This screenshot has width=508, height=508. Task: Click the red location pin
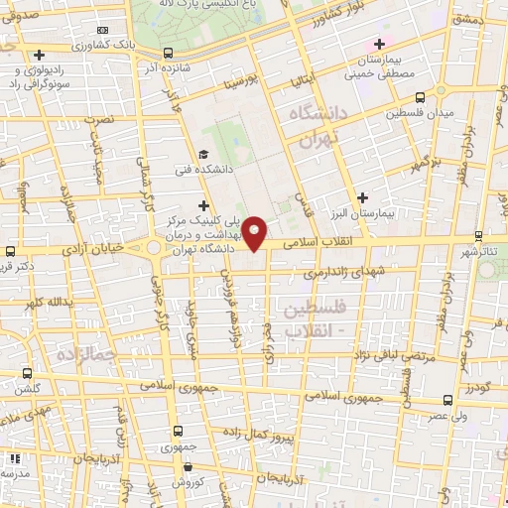tap(256, 233)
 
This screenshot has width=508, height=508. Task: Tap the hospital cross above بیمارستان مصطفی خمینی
tap(378, 44)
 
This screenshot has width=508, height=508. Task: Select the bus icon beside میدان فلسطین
tap(421, 97)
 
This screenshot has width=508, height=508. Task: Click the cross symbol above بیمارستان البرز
tap(363, 197)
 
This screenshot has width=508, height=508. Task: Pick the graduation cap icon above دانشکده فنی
tap(203, 155)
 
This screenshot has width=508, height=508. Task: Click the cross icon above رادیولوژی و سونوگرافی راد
tap(39, 55)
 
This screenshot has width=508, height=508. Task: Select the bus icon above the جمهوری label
tap(178, 432)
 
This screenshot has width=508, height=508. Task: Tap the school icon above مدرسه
tap(14, 459)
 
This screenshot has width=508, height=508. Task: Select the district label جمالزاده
tap(86, 352)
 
